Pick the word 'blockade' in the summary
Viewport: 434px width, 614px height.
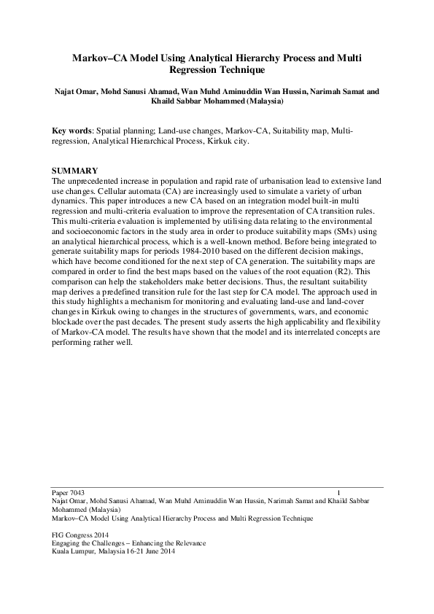[x=73, y=322]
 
